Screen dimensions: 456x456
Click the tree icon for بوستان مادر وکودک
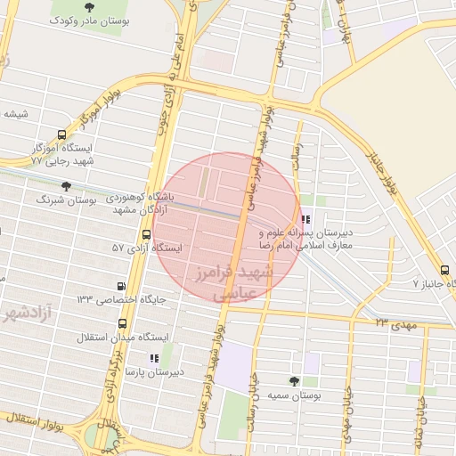[89, 6]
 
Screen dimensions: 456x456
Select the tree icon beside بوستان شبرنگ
[66, 186]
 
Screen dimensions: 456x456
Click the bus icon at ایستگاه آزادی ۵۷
[146, 234]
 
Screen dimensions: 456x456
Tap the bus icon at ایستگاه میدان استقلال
[121, 325]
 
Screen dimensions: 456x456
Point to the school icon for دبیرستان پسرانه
[306, 219]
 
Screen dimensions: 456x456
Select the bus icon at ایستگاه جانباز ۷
[444, 270]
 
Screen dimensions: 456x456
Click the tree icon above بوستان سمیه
[293, 380]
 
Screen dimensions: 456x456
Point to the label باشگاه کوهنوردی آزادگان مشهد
[138, 200]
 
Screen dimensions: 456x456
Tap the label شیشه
[16, 114]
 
